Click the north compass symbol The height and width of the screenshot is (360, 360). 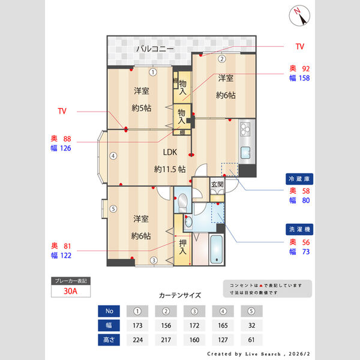point(298,16)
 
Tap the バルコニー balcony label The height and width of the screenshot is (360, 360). point(154,48)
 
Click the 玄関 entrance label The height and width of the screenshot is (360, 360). point(217,185)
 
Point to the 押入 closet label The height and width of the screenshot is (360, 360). point(184,247)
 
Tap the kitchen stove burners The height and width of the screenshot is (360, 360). point(246,129)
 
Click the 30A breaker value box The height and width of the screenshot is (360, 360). point(71,292)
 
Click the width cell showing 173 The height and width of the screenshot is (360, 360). point(137,325)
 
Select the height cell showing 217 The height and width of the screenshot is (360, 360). point(166,340)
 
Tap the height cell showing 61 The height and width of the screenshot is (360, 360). point(251,340)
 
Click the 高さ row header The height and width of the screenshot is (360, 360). point(109,340)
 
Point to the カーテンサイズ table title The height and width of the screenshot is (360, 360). point(180,295)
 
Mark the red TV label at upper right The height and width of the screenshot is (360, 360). point(300,46)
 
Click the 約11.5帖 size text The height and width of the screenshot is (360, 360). point(170,169)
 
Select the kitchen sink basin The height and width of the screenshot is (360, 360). point(245,152)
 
